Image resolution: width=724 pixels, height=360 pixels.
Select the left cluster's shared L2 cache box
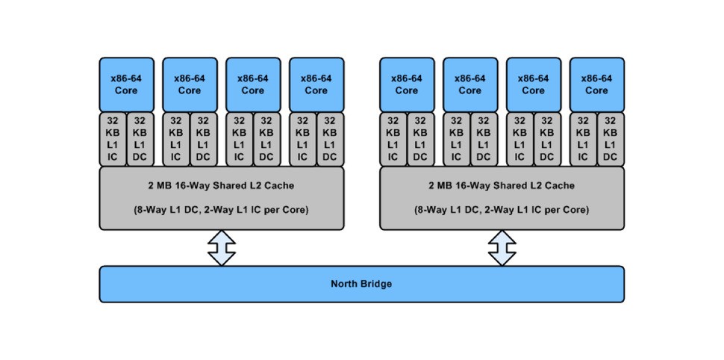[222, 198]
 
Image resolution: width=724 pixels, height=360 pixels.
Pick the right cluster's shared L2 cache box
[502, 198]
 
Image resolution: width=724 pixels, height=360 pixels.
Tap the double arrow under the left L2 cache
[222, 248]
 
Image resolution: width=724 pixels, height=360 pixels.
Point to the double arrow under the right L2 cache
[502, 248]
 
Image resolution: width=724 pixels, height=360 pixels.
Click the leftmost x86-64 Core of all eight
[127, 84]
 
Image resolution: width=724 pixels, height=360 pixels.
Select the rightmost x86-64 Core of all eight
[596, 84]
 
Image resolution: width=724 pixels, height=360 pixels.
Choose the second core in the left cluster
[190, 84]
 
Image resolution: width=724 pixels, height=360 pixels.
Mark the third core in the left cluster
[252, 84]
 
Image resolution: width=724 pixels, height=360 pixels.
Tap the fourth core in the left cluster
[316, 84]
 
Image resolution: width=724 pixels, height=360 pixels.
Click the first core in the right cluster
[407, 84]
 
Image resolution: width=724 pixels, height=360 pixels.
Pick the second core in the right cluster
[469, 84]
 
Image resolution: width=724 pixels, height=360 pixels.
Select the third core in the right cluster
[533, 84]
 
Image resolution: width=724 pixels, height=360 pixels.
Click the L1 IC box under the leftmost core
[113, 139]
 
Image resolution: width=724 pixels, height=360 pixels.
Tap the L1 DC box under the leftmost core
[140, 139]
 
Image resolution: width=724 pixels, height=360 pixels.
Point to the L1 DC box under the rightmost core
[611, 139]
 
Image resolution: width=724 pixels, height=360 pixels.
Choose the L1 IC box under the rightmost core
[583, 139]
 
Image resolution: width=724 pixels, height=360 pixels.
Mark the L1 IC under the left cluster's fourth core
[302, 139]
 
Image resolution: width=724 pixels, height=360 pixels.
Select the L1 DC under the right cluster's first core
[420, 139]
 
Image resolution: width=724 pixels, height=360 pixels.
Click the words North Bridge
[361, 284]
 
